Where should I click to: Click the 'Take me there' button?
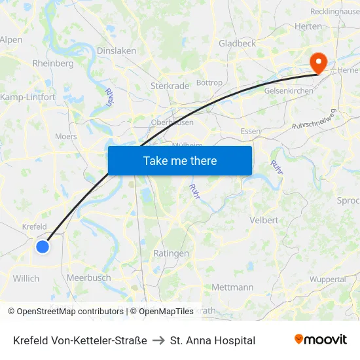click(180, 160)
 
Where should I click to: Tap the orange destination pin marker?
click(319, 63)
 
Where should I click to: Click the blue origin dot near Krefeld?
click(43, 246)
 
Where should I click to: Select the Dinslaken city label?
click(117, 50)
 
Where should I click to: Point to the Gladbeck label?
click(237, 43)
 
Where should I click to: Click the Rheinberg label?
click(53, 63)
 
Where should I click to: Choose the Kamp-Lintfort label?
click(28, 97)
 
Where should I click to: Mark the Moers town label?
click(65, 137)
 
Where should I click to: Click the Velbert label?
click(264, 221)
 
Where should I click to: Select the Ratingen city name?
click(171, 253)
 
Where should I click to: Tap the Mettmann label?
click(232, 287)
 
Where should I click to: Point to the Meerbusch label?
click(88, 278)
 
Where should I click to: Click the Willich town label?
click(26, 278)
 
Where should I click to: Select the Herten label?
click(308, 26)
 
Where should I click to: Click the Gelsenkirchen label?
click(289, 90)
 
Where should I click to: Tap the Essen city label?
click(251, 132)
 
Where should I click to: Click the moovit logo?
click(321, 340)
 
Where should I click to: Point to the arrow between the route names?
click(158, 340)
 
